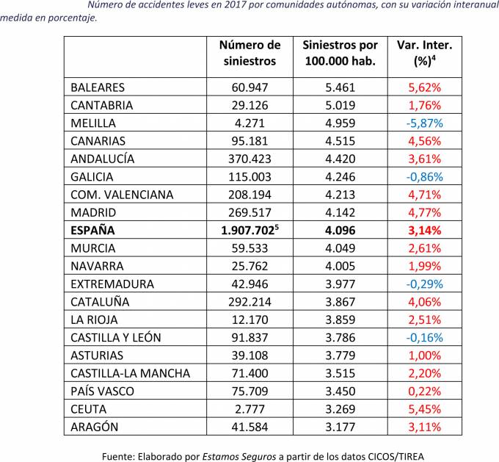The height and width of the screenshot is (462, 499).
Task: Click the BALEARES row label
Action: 98,87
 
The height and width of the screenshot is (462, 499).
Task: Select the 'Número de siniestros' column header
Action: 250,54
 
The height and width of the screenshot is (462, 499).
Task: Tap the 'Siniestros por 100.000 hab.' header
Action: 340,54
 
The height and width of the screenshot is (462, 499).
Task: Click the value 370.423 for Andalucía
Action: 250,159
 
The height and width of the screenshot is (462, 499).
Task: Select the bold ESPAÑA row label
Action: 93,230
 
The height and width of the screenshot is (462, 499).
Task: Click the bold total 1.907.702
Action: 250,230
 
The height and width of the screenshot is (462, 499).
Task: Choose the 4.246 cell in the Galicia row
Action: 340,176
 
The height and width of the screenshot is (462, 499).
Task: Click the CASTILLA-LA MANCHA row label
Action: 130,373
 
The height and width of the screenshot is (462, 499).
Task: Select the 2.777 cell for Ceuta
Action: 250,409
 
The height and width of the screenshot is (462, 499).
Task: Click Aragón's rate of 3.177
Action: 340,427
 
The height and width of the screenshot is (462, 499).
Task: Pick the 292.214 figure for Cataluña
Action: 250,302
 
